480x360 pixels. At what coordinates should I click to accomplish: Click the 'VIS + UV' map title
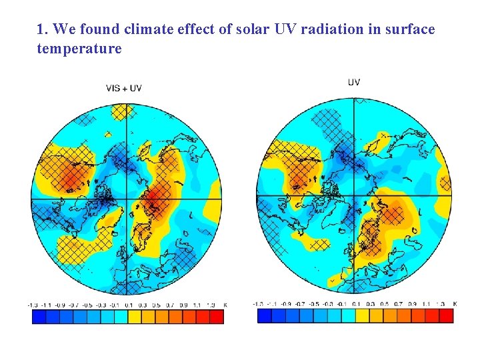pyautogui.click(x=124, y=88)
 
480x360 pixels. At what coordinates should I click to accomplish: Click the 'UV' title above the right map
pyautogui.click(x=354, y=82)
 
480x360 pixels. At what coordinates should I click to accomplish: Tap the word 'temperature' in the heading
pyautogui.click(x=79, y=49)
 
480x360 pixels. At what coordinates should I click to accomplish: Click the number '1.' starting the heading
pyautogui.click(x=43, y=29)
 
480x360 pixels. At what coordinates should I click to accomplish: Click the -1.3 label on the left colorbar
pyautogui.click(x=33, y=305)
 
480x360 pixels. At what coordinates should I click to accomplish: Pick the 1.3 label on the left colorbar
pyautogui.click(x=211, y=305)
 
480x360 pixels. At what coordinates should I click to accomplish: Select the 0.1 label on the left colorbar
pyautogui.click(x=129, y=305)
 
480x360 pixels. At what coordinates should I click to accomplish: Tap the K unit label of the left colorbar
pyautogui.click(x=225, y=305)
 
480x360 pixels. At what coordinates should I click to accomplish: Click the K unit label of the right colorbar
pyautogui.click(x=455, y=303)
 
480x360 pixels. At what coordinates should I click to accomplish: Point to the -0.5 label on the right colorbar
pyautogui.click(x=315, y=303)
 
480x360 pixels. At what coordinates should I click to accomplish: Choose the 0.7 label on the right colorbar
pyautogui.click(x=398, y=303)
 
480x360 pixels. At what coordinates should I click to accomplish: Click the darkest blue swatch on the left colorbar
pyautogui.click(x=39, y=317)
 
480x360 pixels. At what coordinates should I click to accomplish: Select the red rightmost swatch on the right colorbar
pyautogui.click(x=439, y=316)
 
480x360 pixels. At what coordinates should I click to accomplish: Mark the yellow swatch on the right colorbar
pyautogui.click(x=363, y=316)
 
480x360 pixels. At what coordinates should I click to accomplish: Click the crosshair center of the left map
pyautogui.click(x=126, y=199)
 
